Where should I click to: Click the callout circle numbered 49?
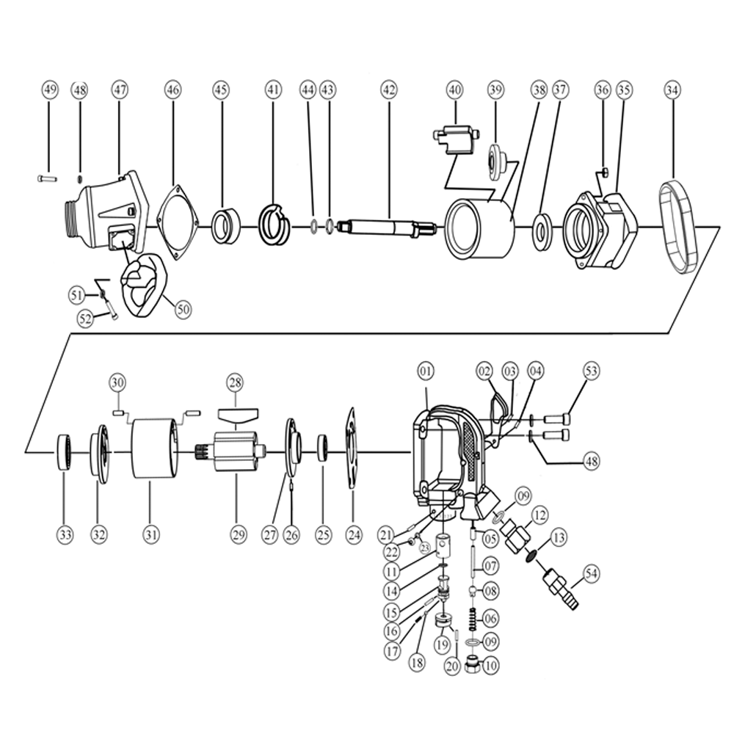click(49, 90)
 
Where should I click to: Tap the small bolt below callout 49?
click(46, 178)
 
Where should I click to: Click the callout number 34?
click(672, 90)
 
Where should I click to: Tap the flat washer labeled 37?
click(544, 233)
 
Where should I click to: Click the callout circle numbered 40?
click(455, 90)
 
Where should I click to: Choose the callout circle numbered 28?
click(235, 382)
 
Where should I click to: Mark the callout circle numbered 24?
click(354, 535)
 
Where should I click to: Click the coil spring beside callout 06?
click(473, 618)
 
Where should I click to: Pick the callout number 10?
click(490, 666)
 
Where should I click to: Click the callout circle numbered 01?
click(426, 371)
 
